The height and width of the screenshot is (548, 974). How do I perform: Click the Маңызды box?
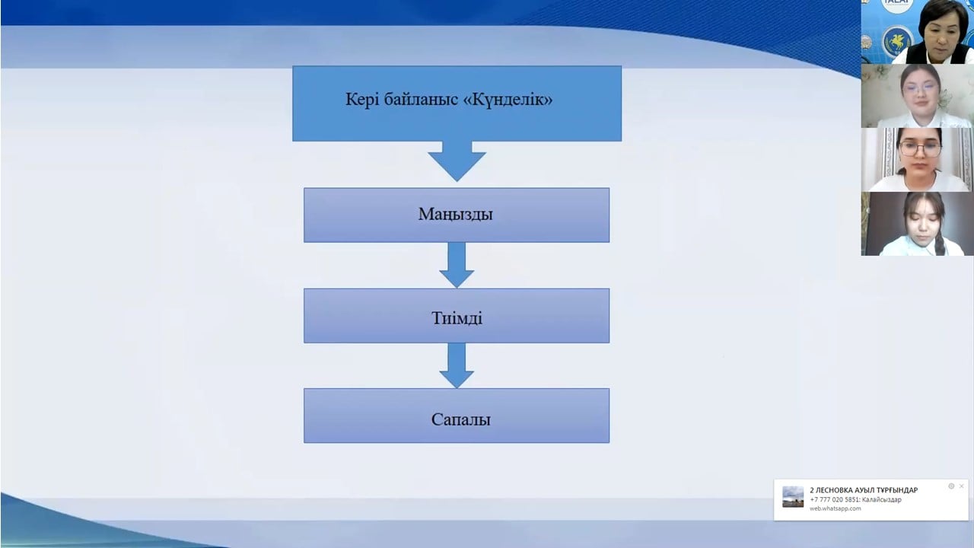[457, 215]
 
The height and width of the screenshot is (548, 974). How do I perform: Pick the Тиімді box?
[457, 315]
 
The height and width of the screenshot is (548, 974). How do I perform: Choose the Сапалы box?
[457, 416]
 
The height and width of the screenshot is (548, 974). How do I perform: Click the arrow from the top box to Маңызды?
[457, 161]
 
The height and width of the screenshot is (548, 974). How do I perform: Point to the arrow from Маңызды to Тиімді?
[457, 265]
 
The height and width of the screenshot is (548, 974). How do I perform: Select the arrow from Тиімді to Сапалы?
[457, 365]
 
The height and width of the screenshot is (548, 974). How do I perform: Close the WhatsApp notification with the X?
[961, 486]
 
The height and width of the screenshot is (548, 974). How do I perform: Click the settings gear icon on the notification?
[951, 486]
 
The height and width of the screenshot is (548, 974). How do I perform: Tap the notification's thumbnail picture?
[793, 497]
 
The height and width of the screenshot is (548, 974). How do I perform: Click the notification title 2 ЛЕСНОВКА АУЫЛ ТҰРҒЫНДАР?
[864, 490]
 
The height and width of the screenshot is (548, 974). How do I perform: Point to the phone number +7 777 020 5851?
[834, 500]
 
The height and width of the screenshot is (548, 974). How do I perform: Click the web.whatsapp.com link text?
[835, 508]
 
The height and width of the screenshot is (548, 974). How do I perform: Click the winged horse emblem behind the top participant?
[896, 42]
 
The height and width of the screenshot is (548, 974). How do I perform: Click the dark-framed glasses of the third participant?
[921, 149]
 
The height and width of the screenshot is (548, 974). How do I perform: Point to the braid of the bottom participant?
[939, 242]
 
